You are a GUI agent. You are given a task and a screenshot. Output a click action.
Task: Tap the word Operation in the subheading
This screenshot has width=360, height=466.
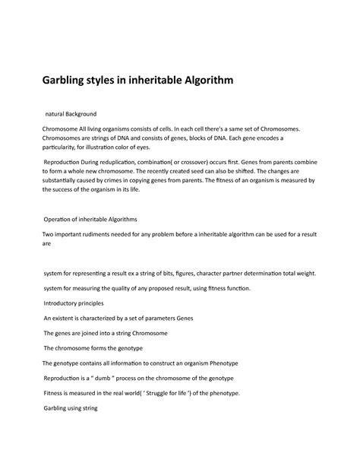point(64,218)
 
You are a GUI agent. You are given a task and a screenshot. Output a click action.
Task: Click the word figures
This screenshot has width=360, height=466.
point(189,272)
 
